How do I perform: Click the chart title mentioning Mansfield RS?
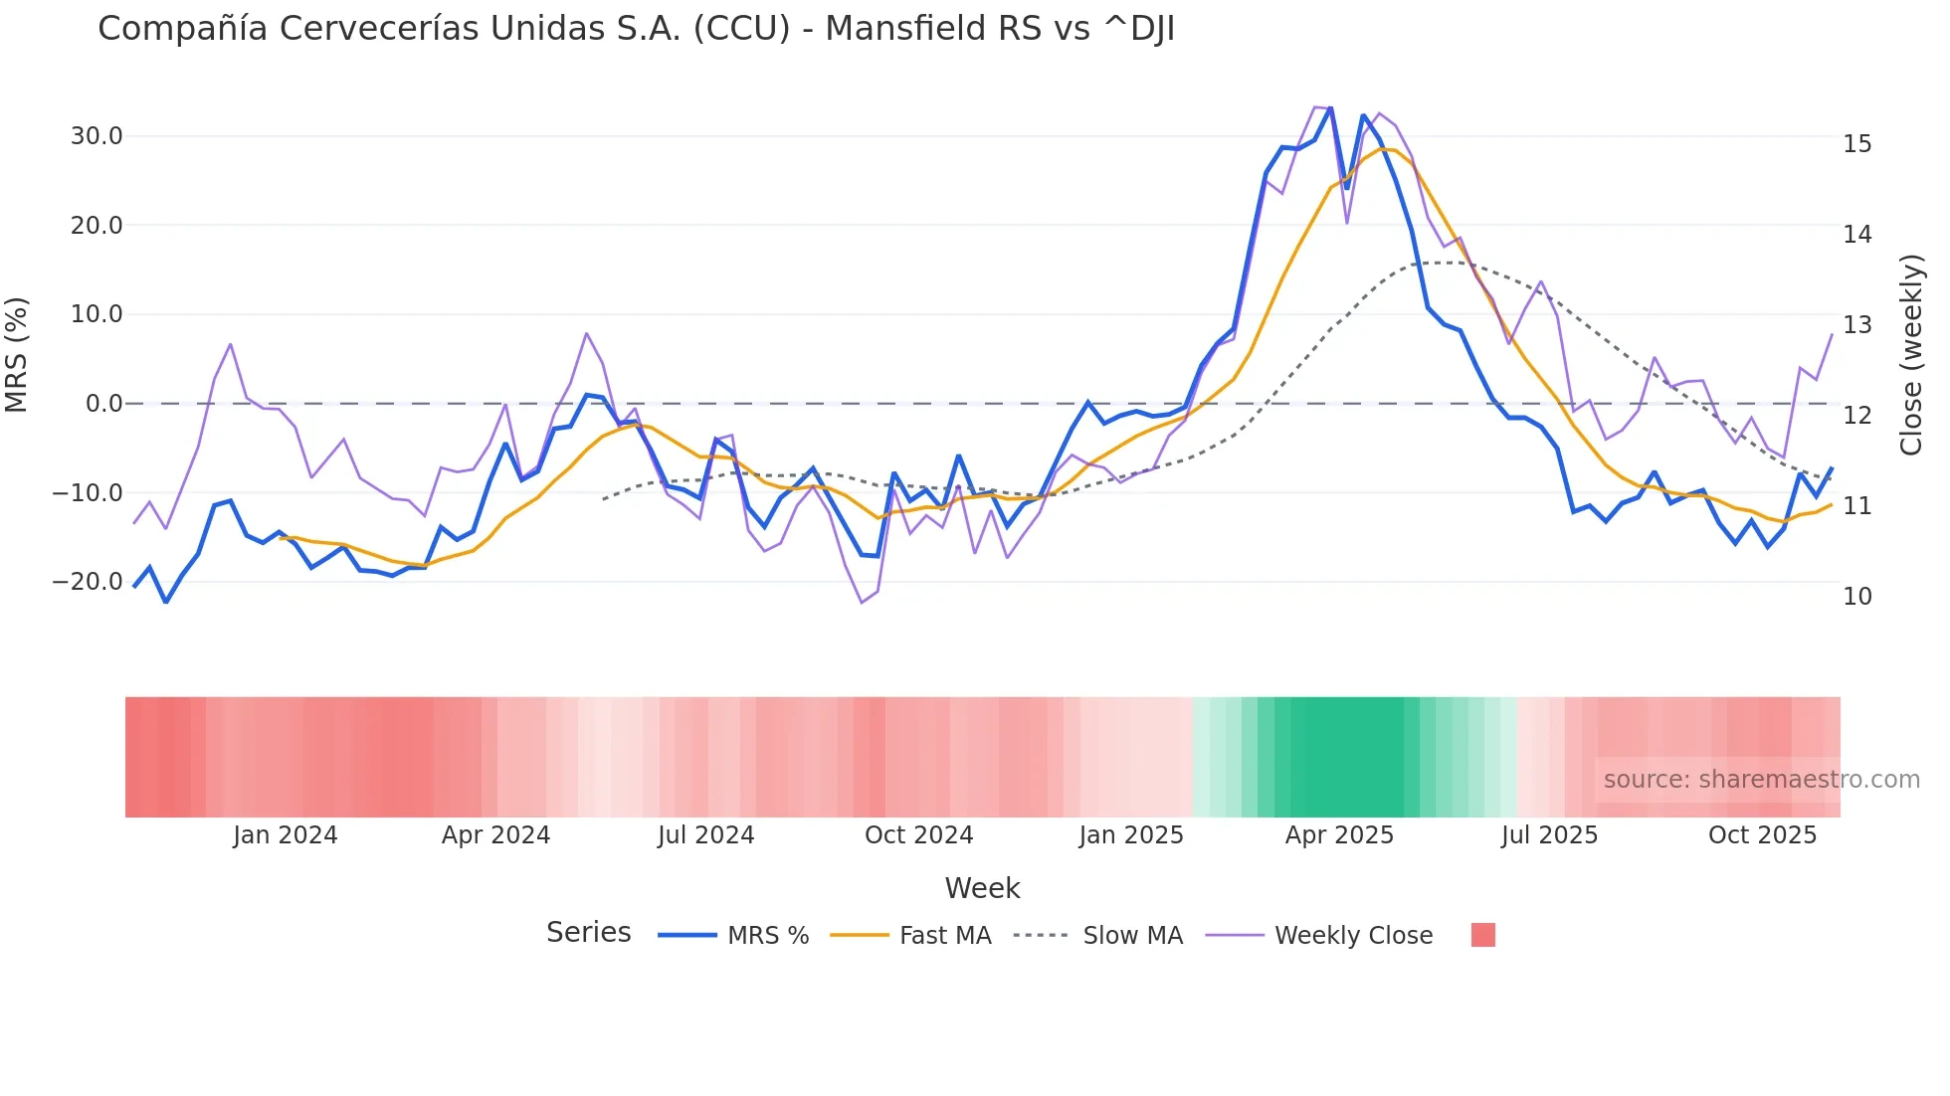point(636,29)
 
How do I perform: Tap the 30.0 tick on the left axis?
point(97,136)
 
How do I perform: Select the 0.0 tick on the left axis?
point(103,404)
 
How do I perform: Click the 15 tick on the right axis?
point(1856,144)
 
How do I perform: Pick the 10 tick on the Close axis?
point(1856,597)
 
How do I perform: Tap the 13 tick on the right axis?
point(1856,325)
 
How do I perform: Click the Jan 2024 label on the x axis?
point(286,835)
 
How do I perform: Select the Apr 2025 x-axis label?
point(1339,835)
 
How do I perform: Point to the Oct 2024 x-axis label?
point(918,835)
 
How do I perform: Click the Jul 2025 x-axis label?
point(1549,835)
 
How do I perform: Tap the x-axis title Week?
point(982,888)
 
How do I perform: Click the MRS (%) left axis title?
point(17,355)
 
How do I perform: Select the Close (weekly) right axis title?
point(1911,355)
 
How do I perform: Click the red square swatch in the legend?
point(1482,935)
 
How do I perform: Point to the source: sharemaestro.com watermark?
point(1761,780)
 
